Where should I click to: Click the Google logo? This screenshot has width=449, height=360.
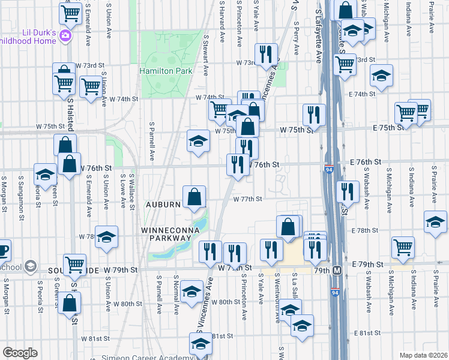(x=20, y=353)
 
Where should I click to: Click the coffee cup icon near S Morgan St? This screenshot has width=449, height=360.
(x=3, y=250)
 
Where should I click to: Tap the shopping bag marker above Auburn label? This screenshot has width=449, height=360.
(x=194, y=197)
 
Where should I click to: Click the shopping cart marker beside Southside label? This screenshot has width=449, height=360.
(x=75, y=264)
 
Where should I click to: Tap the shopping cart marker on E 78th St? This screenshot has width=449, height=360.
(x=403, y=247)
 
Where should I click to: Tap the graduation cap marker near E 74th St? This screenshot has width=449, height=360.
(x=381, y=76)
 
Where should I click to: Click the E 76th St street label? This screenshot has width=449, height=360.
(x=366, y=163)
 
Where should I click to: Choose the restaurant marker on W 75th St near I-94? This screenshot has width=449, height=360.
(x=314, y=114)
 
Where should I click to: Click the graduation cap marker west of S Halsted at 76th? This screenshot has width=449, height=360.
(x=45, y=175)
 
